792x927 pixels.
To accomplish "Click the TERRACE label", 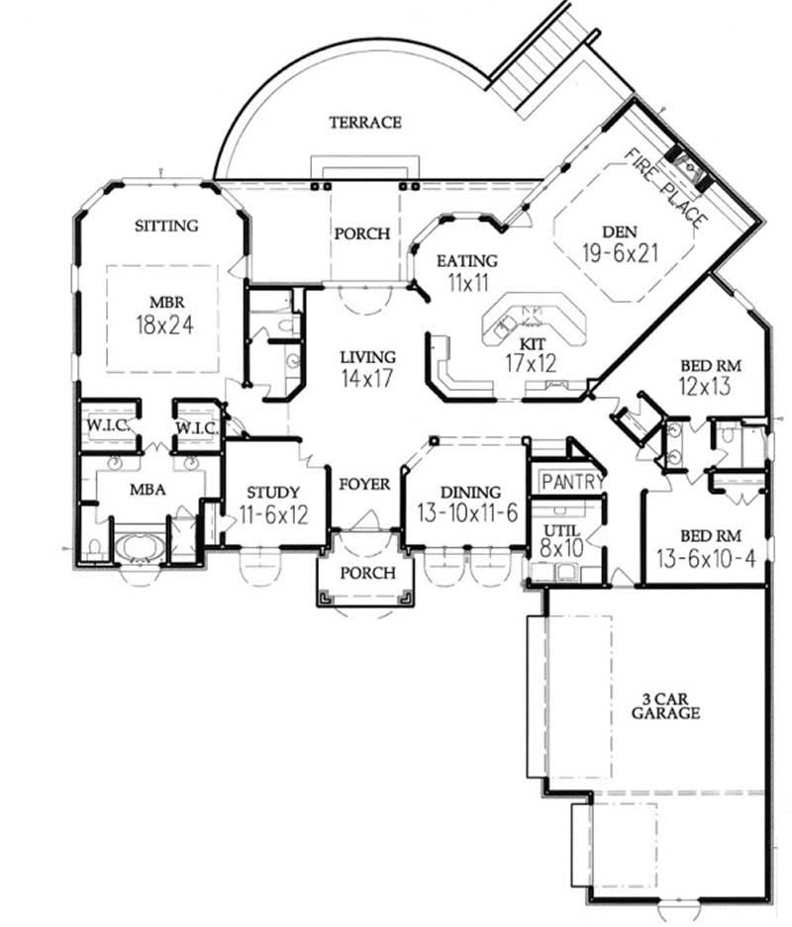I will coord(365,123).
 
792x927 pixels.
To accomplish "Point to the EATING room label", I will coord(466,261).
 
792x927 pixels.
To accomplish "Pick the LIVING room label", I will coord(367,357).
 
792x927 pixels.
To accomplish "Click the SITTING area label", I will coord(166,226).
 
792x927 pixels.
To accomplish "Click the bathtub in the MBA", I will coord(138,548).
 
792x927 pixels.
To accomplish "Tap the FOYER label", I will coord(364,485).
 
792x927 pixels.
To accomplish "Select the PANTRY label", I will coord(571,482).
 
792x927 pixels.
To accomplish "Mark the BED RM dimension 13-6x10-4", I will coord(706,558).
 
